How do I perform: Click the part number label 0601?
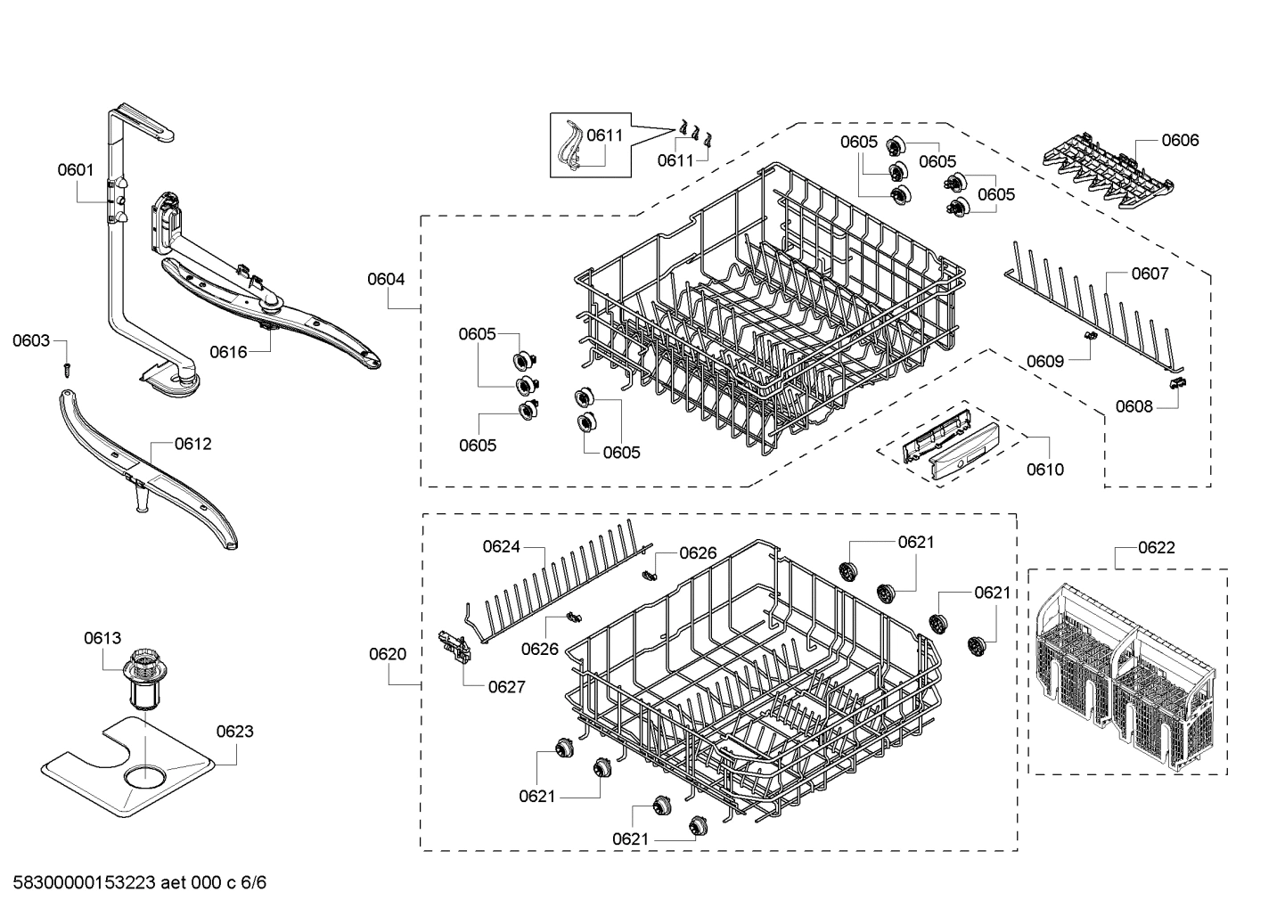(76, 169)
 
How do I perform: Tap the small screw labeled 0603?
(66, 367)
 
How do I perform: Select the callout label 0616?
(228, 352)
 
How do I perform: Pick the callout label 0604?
(386, 279)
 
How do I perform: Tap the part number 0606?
(1180, 140)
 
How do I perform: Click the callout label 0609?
(1044, 361)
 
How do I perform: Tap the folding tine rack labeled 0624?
(557, 588)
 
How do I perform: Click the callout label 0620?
(388, 654)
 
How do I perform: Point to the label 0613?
(102, 638)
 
